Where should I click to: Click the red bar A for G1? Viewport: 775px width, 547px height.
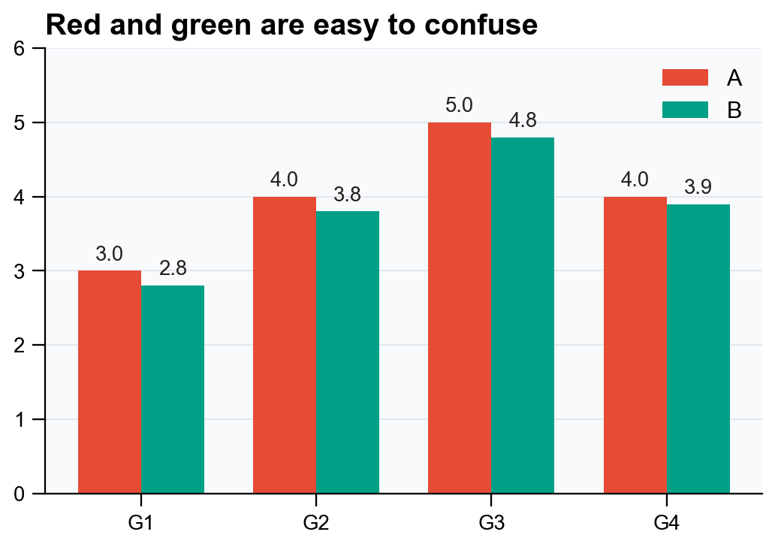[x=110, y=382]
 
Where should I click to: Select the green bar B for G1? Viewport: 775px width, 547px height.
[x=173, y=389]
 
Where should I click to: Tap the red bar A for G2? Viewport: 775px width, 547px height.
[x=285, y=345]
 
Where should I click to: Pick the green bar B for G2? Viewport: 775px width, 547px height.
[x=348, y=352]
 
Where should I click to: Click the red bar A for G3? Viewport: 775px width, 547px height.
[x=460, y=307]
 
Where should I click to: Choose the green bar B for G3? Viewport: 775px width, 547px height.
[x=523, y=315]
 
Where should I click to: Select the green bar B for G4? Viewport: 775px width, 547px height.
[x=698, y=349]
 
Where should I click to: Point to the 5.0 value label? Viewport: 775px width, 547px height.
[x=459, y=105]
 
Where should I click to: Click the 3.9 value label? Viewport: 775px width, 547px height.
[x=698, y=187]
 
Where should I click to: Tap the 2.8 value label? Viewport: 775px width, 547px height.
[x=173, y=268]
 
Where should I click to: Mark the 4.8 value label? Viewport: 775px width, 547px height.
[x=523, y=120]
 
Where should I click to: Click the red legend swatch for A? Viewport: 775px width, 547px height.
[x=685, y=77]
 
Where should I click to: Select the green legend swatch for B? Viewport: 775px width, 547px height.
[x=685, y=110]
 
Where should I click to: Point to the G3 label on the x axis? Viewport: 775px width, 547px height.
[x=491, y=522]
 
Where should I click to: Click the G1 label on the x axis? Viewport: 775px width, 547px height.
[x=141, y=522]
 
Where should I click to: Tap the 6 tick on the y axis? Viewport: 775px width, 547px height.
[x=20, y=49]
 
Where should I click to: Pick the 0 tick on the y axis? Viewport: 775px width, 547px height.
[x=20, y=494]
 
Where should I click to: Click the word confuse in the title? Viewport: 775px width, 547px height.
[x=481, y=25]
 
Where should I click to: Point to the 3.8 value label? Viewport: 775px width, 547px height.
[x=348, y=195]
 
